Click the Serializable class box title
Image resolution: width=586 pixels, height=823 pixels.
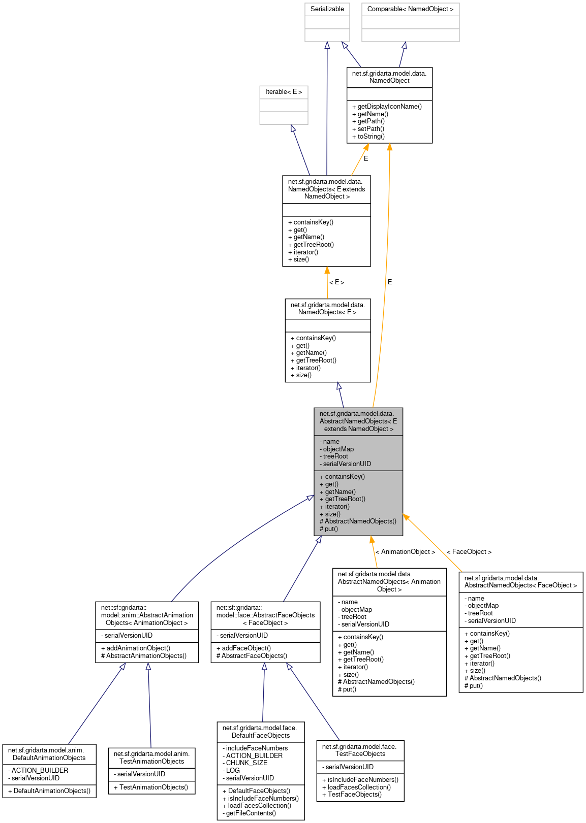tap(327, 9)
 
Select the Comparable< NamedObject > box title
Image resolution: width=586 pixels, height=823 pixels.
tap(410, 9)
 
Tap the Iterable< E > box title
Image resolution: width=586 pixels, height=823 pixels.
tap(284, 92)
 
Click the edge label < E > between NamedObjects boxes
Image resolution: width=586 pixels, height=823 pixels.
tap(336, 282)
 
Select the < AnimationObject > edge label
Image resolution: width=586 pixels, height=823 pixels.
tap(405, 552)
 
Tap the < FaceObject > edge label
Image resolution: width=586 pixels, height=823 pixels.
tap(469, 552)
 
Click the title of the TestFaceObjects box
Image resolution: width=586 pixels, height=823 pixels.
tap(360, 750)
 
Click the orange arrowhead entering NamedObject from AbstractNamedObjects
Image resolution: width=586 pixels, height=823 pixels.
tap(389, 147)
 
